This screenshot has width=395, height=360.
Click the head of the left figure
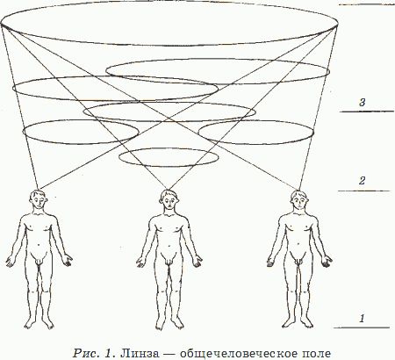tap(39, 200)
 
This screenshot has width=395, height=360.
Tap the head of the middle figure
tap(169, 200)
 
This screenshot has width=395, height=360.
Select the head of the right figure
tap(299, 200)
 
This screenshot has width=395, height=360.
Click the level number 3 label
tap(363, 103)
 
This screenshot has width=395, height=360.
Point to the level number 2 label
tap(362, 181)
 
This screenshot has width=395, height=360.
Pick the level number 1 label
tap(362, 318)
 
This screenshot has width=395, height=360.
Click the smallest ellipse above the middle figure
tap(169, 148)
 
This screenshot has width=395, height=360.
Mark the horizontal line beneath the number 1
tap(362, 328)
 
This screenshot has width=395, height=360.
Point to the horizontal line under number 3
tap(367, 112)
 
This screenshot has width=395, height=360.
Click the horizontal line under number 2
tap(364, 191)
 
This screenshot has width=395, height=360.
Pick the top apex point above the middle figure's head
tap(168, 190)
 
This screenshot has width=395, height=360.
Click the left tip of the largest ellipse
tap(1, 24)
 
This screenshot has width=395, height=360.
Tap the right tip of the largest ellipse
tap(338, 25)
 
